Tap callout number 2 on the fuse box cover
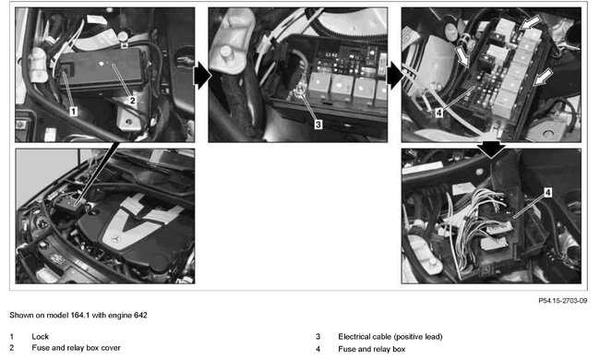132,101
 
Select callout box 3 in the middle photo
318,123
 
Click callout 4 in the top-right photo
439,114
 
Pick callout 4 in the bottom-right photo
547,193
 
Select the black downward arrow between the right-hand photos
491,148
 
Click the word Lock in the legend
40,337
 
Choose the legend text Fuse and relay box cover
75,349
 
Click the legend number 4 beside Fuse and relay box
318,349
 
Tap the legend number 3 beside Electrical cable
318,337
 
